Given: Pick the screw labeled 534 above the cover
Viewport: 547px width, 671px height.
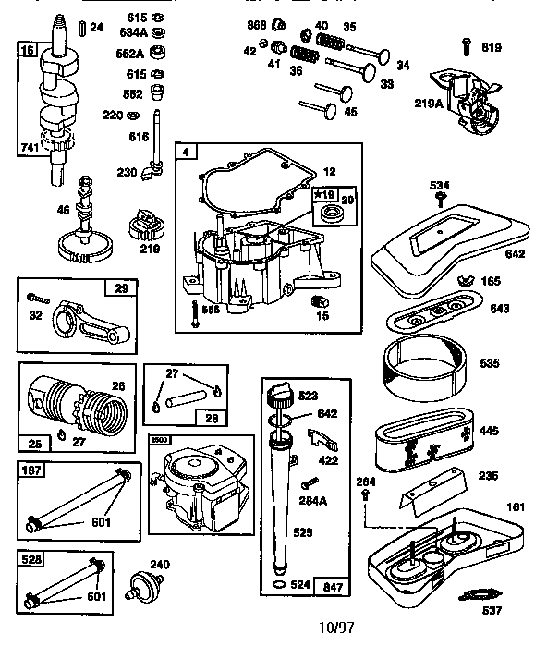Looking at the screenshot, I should tap(442, 198).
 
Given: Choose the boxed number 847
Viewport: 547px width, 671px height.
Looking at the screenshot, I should tap(331, 586).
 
